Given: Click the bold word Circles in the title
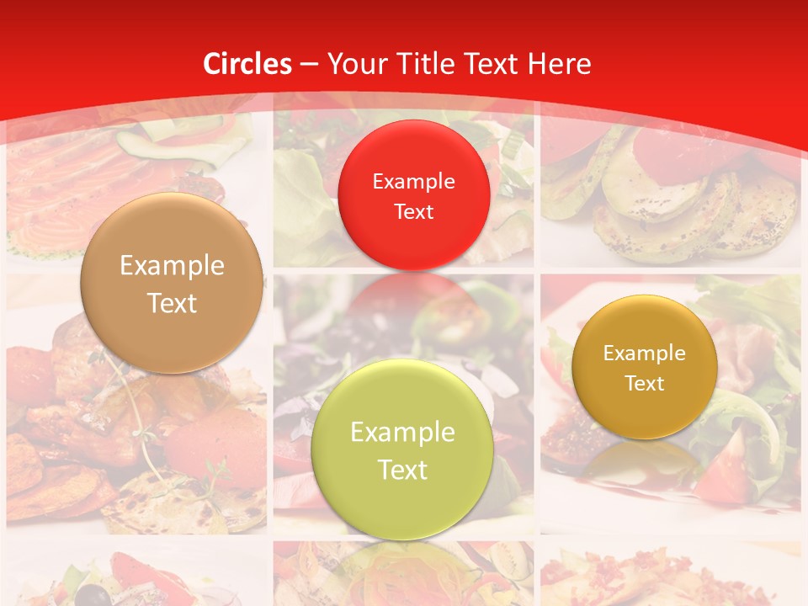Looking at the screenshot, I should pos(247,64).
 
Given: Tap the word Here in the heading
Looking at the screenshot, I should pos(560,64).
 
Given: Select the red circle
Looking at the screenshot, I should pos(413,195).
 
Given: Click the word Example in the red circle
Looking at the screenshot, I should pos(413,181).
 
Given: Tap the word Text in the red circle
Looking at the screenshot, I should pos(413,211).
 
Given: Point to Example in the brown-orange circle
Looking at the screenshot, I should pos(172,266).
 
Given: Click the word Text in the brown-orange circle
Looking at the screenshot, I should pos(172,303).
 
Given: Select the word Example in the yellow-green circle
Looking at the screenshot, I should pos(402,433).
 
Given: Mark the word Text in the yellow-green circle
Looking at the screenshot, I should pos(402,470).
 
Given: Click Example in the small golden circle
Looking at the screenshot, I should pos(644,353).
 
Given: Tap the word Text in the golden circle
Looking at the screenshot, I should pos(644,383).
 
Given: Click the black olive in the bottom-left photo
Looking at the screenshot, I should pos(100,595).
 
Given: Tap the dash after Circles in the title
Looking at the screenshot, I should pos(309,65).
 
